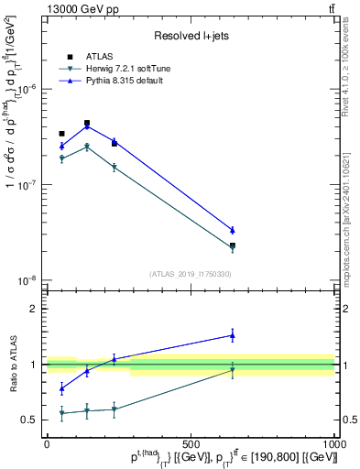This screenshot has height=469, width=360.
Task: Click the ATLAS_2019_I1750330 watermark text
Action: click(x=191, y=273)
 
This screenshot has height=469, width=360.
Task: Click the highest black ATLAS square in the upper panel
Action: click(x=87, y=123)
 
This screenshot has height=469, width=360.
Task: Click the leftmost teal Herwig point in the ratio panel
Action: click(x=61, y=413)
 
